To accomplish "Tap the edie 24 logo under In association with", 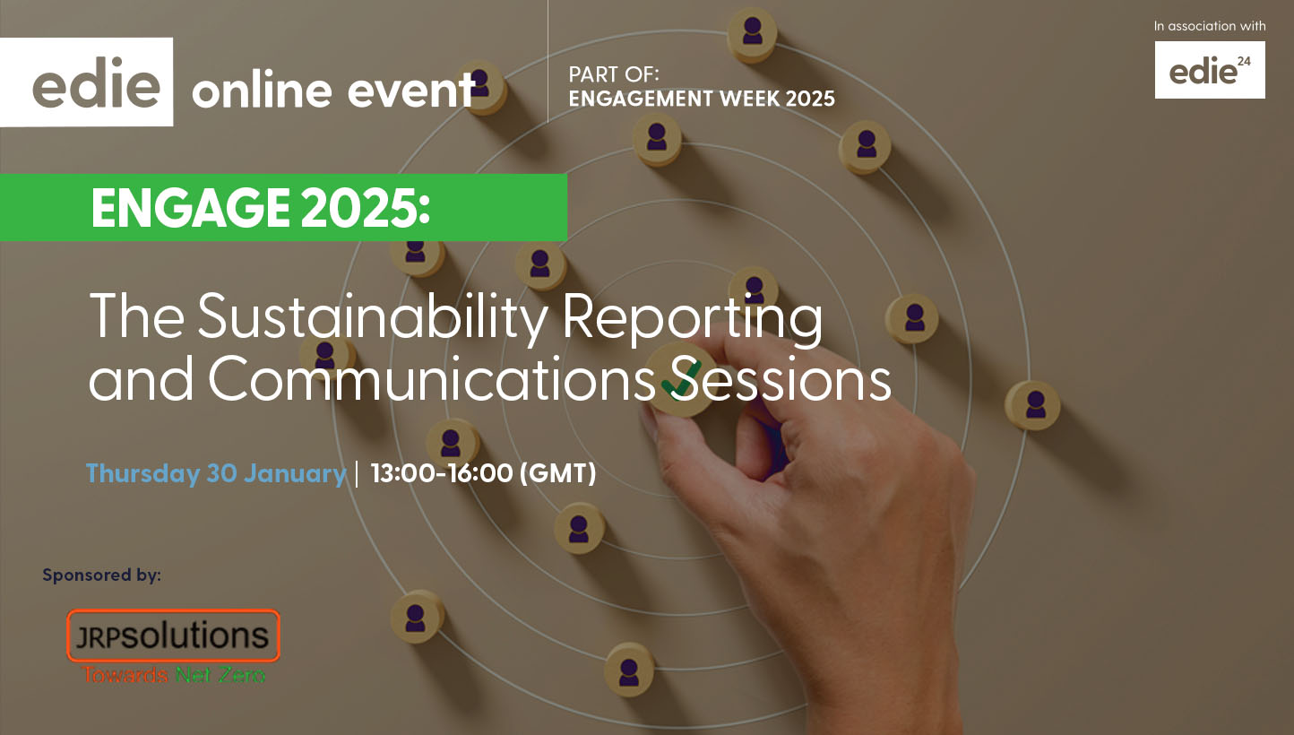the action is pos(1210,70).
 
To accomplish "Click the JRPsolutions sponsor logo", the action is pos(173,636).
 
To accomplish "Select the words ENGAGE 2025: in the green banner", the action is pos(261,208).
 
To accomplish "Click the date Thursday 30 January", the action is pos(216,473).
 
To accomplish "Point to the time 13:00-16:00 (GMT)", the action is pos(483,472).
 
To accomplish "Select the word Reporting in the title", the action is pos(693,319).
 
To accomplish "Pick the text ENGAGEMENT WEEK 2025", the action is pos(702,99).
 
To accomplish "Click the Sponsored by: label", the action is pos(101,575).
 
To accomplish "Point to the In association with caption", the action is pos(1210,26).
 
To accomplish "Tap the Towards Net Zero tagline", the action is pos(173,675).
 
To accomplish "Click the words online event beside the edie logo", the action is pos(334,91).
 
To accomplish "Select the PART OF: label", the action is pos(614,74).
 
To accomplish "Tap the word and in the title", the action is pos(141,379).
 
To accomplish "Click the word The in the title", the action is pos(137,316).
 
